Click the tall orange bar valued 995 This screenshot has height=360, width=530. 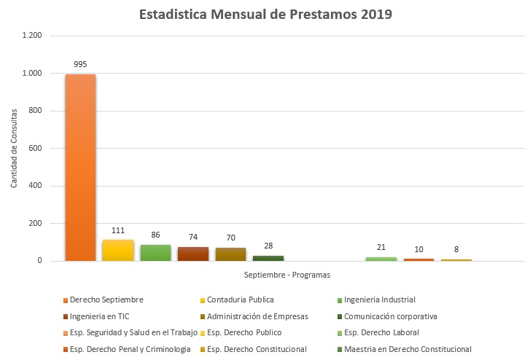tap(80, 168)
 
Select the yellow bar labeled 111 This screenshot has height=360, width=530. tap(118, 250)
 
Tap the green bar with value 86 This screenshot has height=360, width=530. tap(155, 253)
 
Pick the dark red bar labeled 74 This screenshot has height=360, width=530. tap(193, 254)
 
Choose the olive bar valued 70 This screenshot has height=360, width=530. tap(230, 254)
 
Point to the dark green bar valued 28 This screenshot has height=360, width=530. tap(268, 258)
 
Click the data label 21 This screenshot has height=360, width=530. tap(381, 248)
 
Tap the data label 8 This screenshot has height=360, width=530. tap(456, 250)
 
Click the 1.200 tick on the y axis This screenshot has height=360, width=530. tap(32, 36)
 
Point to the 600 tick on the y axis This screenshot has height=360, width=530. tap(35, 149)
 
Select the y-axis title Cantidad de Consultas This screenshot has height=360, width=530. tap(14, 149)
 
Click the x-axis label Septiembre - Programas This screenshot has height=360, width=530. tap(287, 275)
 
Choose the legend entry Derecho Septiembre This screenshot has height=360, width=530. tap(106, 300)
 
